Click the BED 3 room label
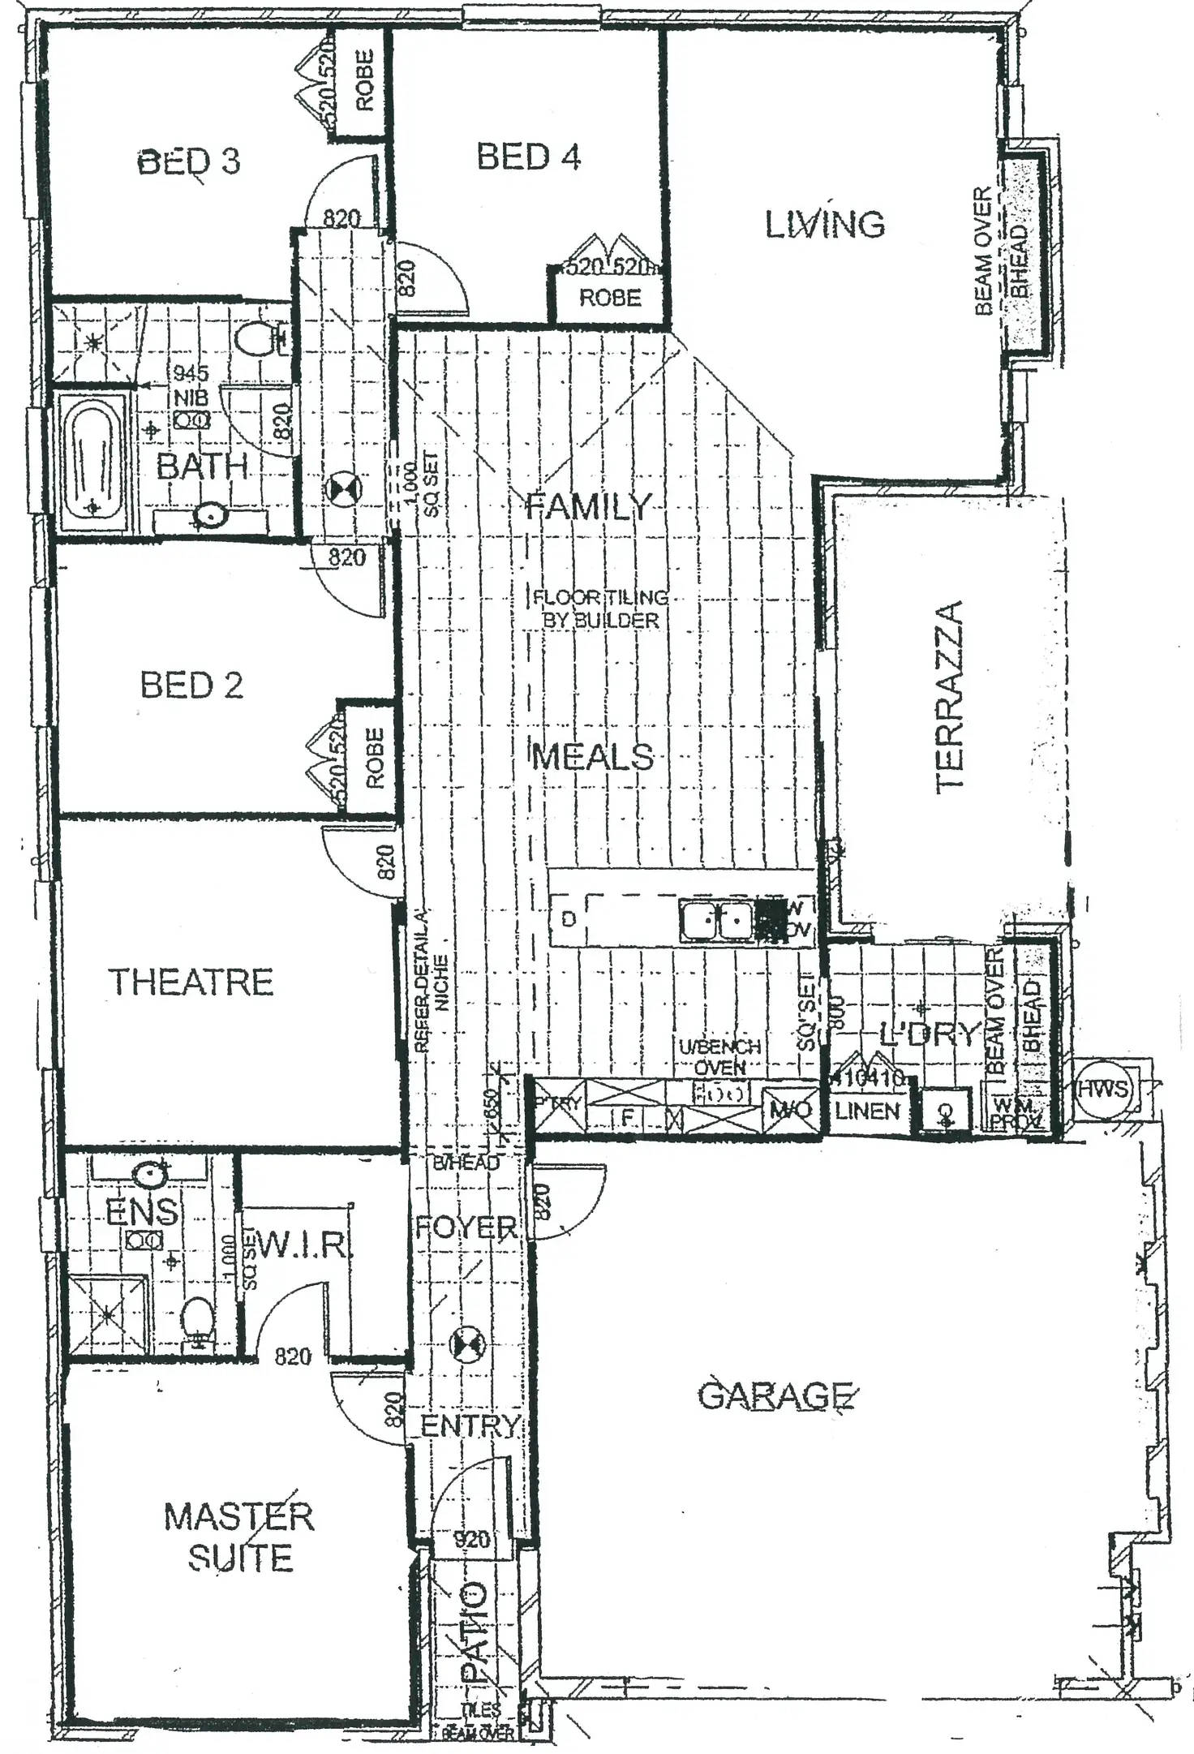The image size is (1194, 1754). coord(189,161)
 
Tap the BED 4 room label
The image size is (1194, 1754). coord(528,157)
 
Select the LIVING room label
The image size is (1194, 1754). coord(824,225)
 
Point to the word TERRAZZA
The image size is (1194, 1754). coord(949,697)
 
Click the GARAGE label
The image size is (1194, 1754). coord(775,1395)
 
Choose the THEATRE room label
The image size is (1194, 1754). coord(191,982)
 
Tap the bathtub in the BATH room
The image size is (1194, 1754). coord(92,460)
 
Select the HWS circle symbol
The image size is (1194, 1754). coord(1102,1089)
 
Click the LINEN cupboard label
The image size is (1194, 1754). coord(867,1111)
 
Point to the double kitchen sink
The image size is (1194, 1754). coord(718,922)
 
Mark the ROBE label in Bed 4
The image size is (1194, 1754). coord(610,298)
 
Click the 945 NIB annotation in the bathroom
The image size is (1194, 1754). coord(191,385)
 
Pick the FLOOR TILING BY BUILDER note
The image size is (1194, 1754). coord(599,608)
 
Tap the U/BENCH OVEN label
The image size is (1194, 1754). coord(719,1057)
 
